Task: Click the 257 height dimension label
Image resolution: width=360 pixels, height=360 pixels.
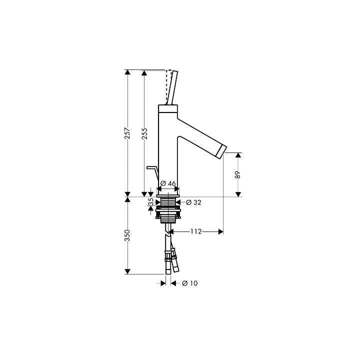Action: coord(127,133)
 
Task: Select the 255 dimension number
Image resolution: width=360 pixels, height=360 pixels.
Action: coord(144,133)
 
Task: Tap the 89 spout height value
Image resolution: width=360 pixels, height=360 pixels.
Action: coord(238,174)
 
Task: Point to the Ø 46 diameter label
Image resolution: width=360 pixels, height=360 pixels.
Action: coord(168,183)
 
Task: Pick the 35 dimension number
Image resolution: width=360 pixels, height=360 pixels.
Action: coord(150,202)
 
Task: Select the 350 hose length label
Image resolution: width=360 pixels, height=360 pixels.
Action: coord(127,235)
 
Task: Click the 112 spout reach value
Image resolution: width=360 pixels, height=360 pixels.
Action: coord(195,231)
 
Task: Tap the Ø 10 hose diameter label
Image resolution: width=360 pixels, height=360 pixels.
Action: coord(190,283)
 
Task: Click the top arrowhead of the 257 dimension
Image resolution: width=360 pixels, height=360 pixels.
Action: coord(127,73)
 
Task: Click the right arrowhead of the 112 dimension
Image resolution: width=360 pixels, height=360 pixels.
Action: coord(219,231)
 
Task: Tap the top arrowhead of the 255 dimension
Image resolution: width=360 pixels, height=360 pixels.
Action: coord(144,73)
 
